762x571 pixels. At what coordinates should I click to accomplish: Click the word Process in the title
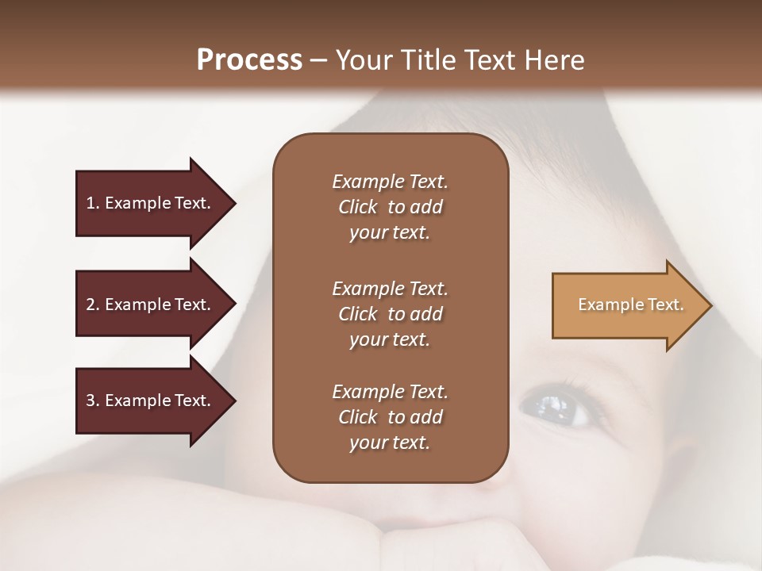pyautogui.click(x=249, y=60)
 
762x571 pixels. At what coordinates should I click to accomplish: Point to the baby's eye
pyautogui.click(x=553, y=405)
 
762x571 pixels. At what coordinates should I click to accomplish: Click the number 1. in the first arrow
pyautogui.click(x=93, y=203)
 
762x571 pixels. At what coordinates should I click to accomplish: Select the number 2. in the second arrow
pyautogui.click(x=93, y=305)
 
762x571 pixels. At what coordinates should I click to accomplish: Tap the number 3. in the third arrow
pyautogui.click(x=93, y=400)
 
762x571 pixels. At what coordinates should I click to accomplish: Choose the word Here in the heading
pyautogui.click(x=554, y=60)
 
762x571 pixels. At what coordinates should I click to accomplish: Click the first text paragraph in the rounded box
pyautogui.click(x=390, y=207)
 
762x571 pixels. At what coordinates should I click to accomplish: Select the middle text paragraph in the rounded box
pyautogui.click(x=390, y=314)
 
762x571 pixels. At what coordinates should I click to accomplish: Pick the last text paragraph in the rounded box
pyautogui.click(x=390, y=417)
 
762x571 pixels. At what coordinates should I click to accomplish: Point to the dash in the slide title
pyautogui.click(x=319, y=60)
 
